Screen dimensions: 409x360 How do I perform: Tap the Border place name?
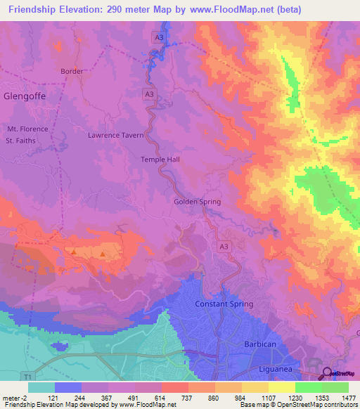(72, 72)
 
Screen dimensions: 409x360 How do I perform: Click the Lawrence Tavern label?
(116, 135)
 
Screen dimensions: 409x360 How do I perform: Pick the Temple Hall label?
(160, 160)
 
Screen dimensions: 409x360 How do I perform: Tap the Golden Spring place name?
(197, 202)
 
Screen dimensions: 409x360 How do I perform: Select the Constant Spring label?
(224, 304)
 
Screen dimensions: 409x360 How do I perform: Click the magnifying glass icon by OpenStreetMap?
(327, 373)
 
